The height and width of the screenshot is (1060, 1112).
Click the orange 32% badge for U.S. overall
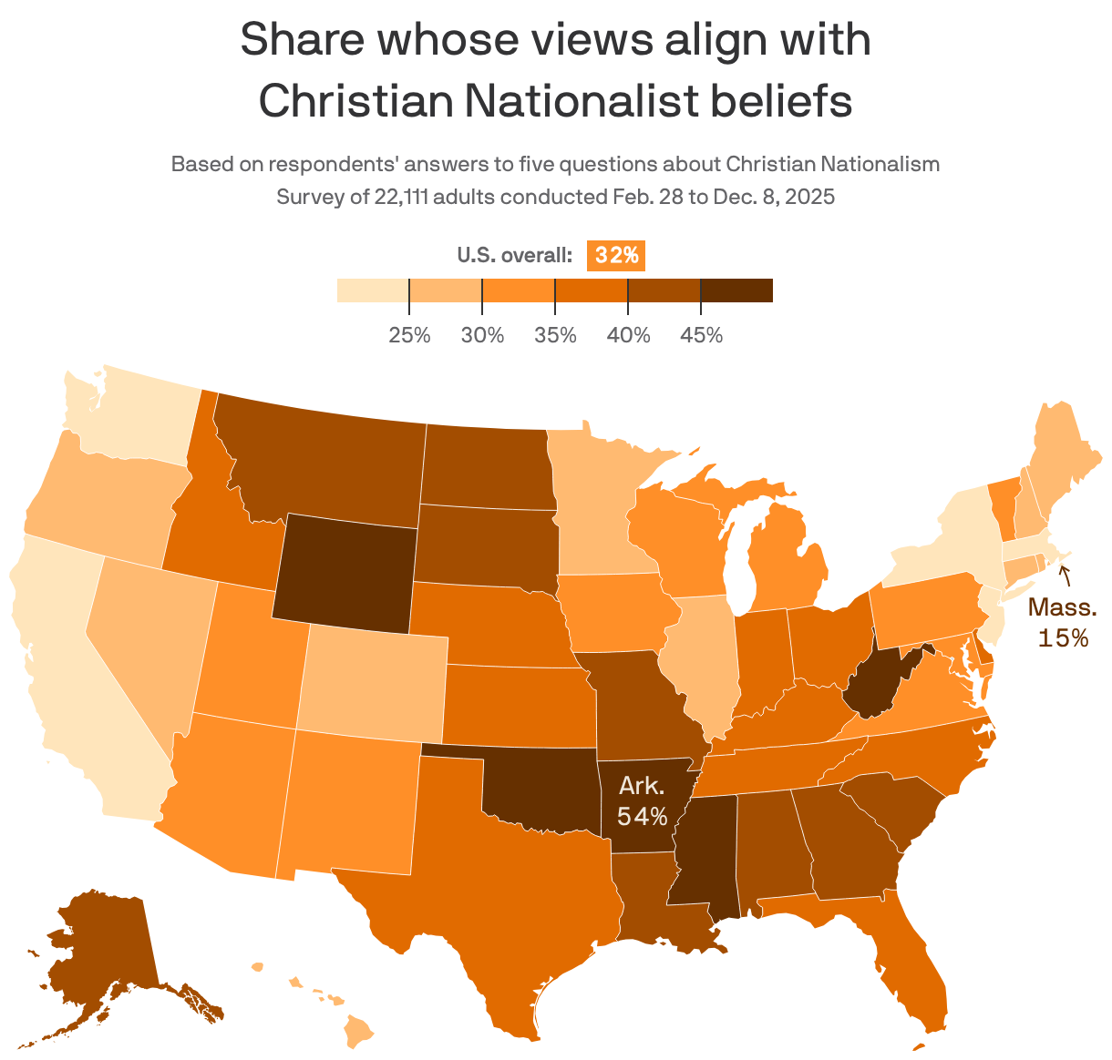(x=616, y=256)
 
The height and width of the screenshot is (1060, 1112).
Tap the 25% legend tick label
(x=409, y=335)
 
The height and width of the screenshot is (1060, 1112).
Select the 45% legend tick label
(x=701, y=335)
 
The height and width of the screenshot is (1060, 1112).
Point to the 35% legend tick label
(x=555, y=335)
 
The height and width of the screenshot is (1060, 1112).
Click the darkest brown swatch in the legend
(x=736, y=290)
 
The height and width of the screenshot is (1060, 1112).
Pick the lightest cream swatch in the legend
(x=373, y=290)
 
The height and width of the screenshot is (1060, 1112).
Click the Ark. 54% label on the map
(x=642, y=801)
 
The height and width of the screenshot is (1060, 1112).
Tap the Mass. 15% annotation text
(x=1062, y=623)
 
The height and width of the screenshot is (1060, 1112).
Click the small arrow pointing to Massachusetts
(x=1063, y=575)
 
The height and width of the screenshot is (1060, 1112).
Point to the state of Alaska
(x=100, y=947)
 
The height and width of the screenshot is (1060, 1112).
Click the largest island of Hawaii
(x=361, y=1031)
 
